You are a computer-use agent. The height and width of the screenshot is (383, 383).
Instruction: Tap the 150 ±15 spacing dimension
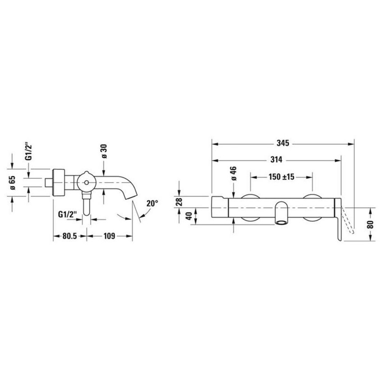point(281,177)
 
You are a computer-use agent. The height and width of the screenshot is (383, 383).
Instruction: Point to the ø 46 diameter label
point(234,173)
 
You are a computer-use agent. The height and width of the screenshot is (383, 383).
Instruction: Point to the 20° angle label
point(152,203)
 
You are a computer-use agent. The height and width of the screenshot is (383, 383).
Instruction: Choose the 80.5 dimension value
point(70,236)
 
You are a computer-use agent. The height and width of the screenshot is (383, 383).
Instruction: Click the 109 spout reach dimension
point(109,236)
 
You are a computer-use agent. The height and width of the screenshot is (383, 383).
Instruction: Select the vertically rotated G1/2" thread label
point(29,152)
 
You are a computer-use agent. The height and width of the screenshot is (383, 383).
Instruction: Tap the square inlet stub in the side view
point(50,183)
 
